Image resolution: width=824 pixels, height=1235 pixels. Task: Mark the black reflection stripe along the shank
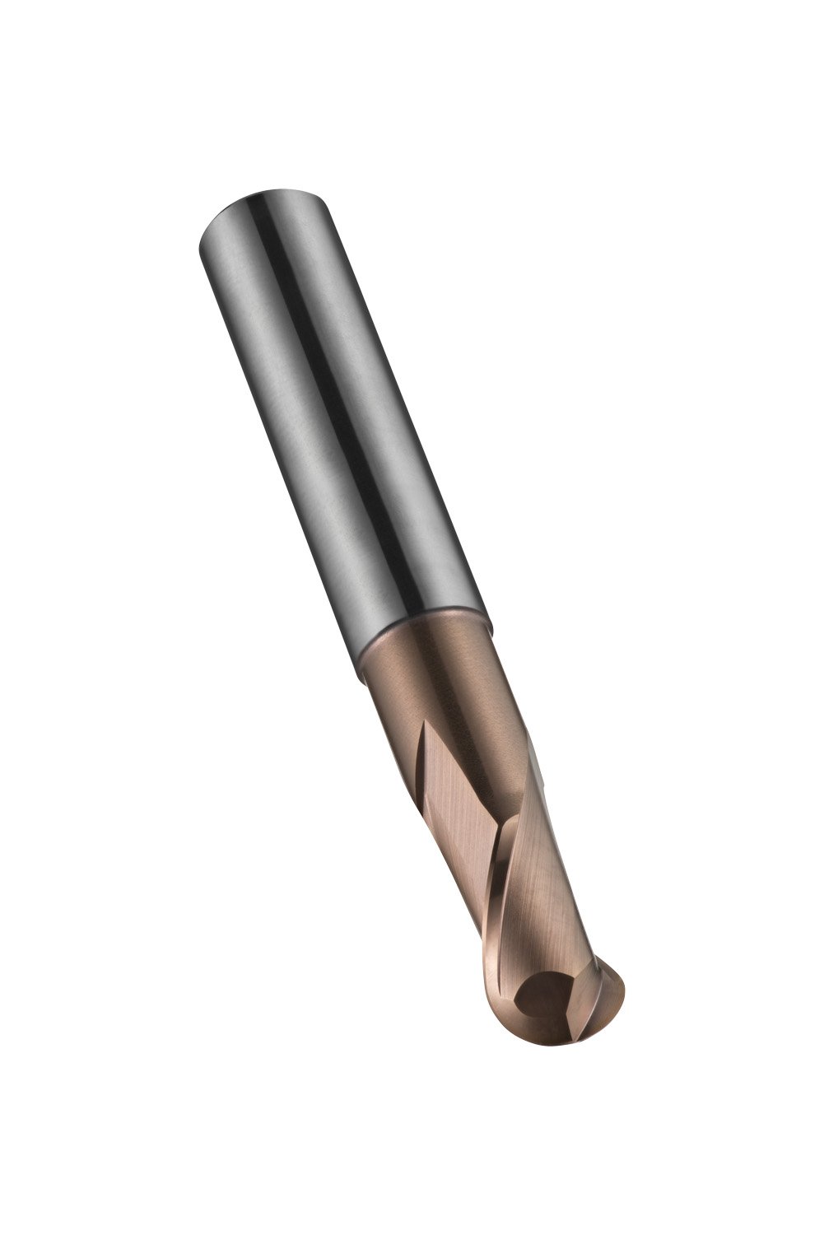[x=329, y=370]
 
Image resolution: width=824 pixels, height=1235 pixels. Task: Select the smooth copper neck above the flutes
[x=436, y=683]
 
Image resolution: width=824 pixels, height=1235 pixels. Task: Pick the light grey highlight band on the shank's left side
[x=263, y=370]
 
